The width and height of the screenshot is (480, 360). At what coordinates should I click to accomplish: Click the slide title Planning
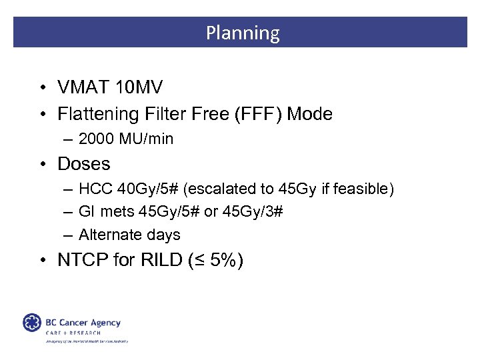(242, 33)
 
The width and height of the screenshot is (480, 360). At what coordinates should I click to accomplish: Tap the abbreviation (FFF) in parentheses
(258, 114)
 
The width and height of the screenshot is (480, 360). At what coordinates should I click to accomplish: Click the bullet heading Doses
(84, 164)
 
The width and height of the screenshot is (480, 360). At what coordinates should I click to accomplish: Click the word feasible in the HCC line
(364, 189)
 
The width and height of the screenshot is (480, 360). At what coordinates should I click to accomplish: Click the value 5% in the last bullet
(223, 260)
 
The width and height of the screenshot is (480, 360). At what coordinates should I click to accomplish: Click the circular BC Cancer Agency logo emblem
(31, 323)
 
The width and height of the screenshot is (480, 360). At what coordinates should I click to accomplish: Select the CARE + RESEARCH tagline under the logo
(73, 333)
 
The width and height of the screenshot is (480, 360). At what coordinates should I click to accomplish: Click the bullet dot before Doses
(41, 165)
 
